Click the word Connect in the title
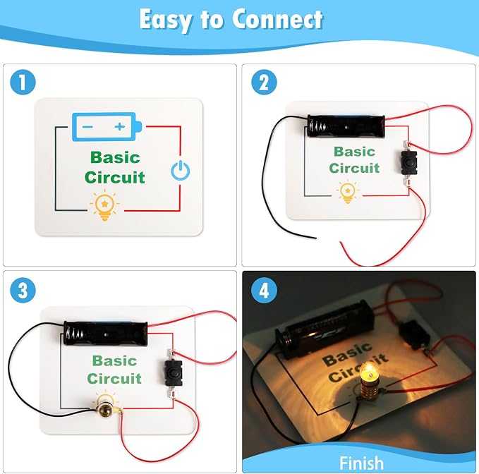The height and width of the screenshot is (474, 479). [x=277, y=20]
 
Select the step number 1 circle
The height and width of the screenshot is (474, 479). [x=23, y=82]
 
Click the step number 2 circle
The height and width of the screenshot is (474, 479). [x=265, y=82]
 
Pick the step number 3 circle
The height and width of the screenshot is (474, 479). [x=23, y=290]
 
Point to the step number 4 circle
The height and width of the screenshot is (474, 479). [x=265, y=290]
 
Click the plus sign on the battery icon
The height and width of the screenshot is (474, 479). [x=120, y=126]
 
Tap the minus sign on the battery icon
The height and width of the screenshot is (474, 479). [x=87, y=127]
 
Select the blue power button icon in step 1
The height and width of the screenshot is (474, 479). [x=180, y=170]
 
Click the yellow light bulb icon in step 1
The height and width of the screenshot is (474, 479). [x=104, y=205]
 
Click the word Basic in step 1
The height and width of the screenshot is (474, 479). [x=115, y=157]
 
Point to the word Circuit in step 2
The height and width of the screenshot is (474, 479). [x=354, y=168]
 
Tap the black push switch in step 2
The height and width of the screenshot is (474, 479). [x=408, y=162]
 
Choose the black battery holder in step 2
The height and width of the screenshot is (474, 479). [x=346, y=126]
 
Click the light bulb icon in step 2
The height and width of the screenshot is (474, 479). [x=348, y=192]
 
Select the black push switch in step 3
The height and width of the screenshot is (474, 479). [x=174, y=373]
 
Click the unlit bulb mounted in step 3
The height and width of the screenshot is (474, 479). [x=106, y=410]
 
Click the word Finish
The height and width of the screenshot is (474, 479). [x=361, y=463]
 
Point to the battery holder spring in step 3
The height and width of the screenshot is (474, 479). [x=74, y=333]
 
